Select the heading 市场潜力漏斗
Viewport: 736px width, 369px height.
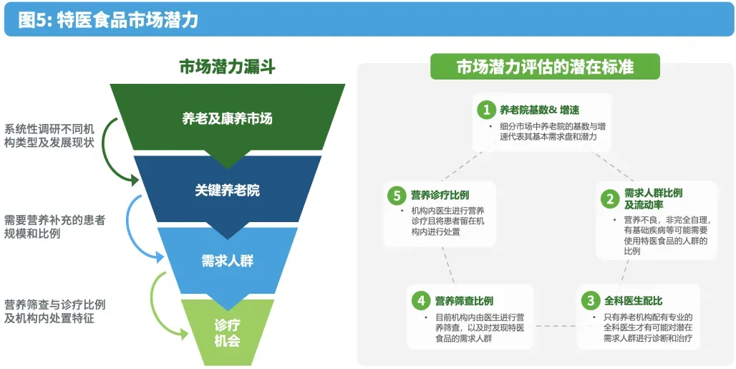point(227,67)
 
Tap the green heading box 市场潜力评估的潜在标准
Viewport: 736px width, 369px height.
point(545,67)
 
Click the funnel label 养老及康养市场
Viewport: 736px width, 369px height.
point(227,118)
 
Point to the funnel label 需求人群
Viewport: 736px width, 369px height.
point(227,261)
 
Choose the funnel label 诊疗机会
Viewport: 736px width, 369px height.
point(227,332)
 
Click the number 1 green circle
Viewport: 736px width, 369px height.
point(487,110)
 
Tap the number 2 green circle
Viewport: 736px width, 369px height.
point(609,198)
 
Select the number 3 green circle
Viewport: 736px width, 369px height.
point(589,301)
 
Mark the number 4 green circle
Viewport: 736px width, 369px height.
point(420,301)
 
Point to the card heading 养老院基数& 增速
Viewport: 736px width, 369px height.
point(539,110)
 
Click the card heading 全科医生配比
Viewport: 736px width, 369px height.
point(634,301)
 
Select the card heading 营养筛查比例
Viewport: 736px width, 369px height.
point(464,301)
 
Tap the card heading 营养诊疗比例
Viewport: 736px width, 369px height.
point(440,195)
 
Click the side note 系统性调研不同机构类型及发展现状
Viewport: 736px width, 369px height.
point(49,135)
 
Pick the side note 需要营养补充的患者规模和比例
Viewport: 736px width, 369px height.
point(54,227)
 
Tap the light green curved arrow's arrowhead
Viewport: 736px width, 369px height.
point(184,333)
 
